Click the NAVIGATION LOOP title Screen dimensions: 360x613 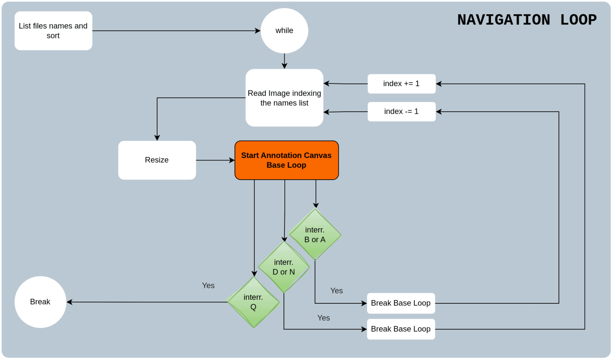tap(527, 20)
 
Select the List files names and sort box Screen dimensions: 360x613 tap(53, 31)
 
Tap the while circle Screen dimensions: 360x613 tap(284, 31)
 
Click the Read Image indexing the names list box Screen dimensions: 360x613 tap(284, 98)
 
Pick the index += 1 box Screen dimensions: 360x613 tap(402, 83)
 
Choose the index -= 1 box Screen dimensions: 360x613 tap(402, 111)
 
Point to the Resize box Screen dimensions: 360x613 tap(157, 160)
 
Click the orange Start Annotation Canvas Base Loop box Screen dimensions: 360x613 tap(287, 160)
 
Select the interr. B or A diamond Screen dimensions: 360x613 tap(315, 234)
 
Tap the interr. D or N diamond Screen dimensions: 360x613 tap(284, 267)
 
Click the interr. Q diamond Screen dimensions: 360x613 tap(253, 302)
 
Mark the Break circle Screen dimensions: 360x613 tap(40, 302)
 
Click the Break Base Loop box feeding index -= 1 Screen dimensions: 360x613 tap(401, 303)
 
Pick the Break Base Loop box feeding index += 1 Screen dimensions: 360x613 tap(401, 329)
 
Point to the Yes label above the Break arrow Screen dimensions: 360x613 tap(208, 286)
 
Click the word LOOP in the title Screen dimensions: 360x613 tap(578, 20)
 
